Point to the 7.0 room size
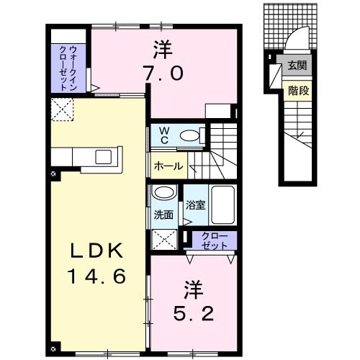pos(167,73)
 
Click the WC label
pos(165,135)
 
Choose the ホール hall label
pos(168,166)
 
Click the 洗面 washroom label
pos(163,215)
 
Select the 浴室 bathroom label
pos(195,204)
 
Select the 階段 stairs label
pos(296,91)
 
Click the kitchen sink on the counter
pos(102,156)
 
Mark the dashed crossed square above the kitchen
pos(61,110)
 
